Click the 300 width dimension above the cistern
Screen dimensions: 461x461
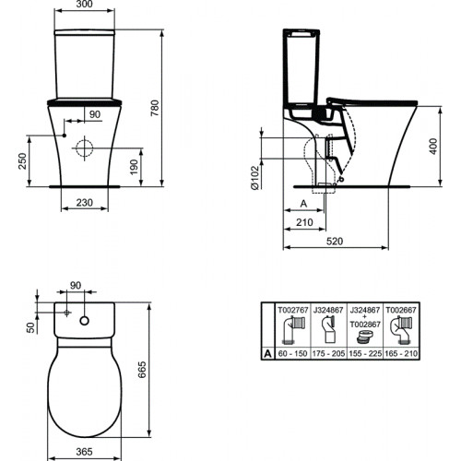[84, 6]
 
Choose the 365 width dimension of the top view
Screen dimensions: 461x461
[84, 452]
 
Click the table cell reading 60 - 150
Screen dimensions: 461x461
[294, 353]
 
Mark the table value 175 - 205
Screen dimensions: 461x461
[329, 353]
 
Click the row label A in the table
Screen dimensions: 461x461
[268, 353]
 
